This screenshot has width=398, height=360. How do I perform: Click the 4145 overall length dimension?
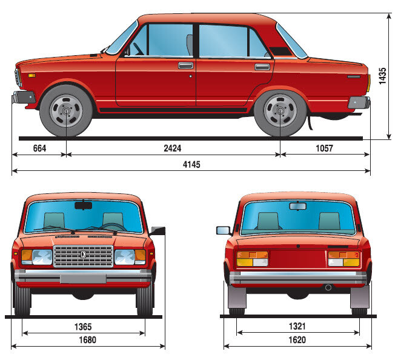[191, 164]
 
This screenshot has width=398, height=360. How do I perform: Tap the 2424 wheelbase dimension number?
[173, 148]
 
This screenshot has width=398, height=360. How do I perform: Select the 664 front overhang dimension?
[39, 148]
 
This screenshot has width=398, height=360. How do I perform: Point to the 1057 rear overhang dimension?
[324, 148]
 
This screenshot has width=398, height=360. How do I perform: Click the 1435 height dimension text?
[382, 76]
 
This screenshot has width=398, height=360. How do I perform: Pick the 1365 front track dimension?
[83, 327]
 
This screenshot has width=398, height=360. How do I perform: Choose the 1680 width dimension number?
[88, 340]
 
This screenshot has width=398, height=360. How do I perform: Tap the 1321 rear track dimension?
[297, 326]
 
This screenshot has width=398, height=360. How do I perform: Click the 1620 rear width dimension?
[297, 339]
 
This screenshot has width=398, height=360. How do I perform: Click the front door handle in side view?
[185, 65]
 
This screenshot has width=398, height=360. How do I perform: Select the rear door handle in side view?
[262, 67]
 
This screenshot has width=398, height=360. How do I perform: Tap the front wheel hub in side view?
[66, 111]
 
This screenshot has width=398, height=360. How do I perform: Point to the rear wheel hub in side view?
[280, 111]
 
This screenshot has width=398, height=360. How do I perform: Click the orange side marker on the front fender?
[32, 75]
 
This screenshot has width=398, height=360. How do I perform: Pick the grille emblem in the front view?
[83, 255]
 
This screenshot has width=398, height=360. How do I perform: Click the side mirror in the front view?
[158, 231]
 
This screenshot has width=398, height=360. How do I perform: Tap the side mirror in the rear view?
[224, 230]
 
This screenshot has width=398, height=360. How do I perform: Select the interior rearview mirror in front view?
[83, 205]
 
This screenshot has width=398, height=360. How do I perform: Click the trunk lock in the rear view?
[298, 246]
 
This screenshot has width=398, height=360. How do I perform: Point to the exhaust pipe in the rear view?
[328, 287]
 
